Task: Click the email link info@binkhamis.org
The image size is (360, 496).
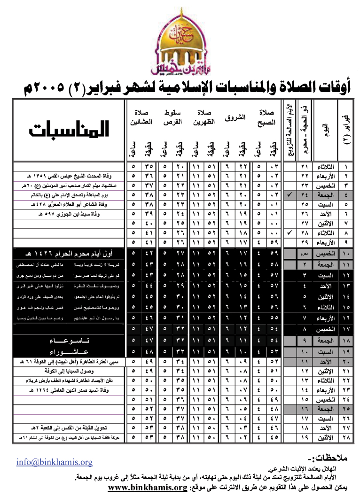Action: click(54, 462)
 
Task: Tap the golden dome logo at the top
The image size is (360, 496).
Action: click(180, 42)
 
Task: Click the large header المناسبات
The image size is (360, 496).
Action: click(69, 130)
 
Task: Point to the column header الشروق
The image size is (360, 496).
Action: click(238, 117)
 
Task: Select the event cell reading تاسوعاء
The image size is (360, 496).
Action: click(70, 341)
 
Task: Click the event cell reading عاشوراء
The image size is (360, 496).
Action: click(70, 351)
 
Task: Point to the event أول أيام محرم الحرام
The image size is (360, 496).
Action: click(69, 254)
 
